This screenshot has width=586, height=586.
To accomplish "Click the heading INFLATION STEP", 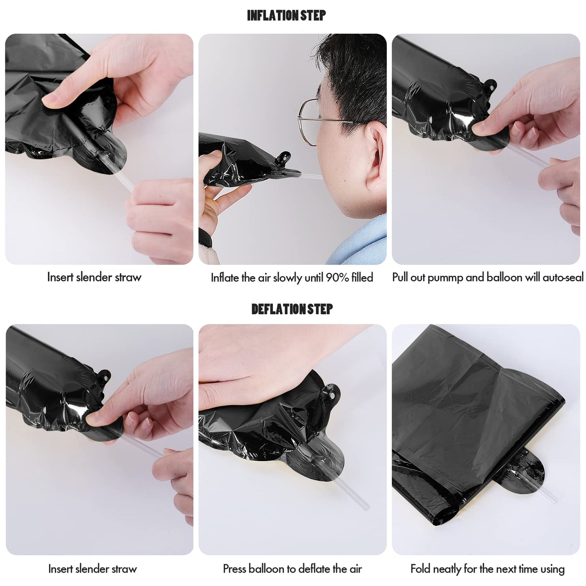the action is [286, 15].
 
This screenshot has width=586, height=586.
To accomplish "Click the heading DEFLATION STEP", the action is [292, 309].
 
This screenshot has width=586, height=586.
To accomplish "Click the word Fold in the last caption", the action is [421, 569].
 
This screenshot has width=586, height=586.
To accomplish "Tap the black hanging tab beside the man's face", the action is [283, 158].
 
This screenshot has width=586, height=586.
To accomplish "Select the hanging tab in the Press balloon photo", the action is [332, 392].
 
